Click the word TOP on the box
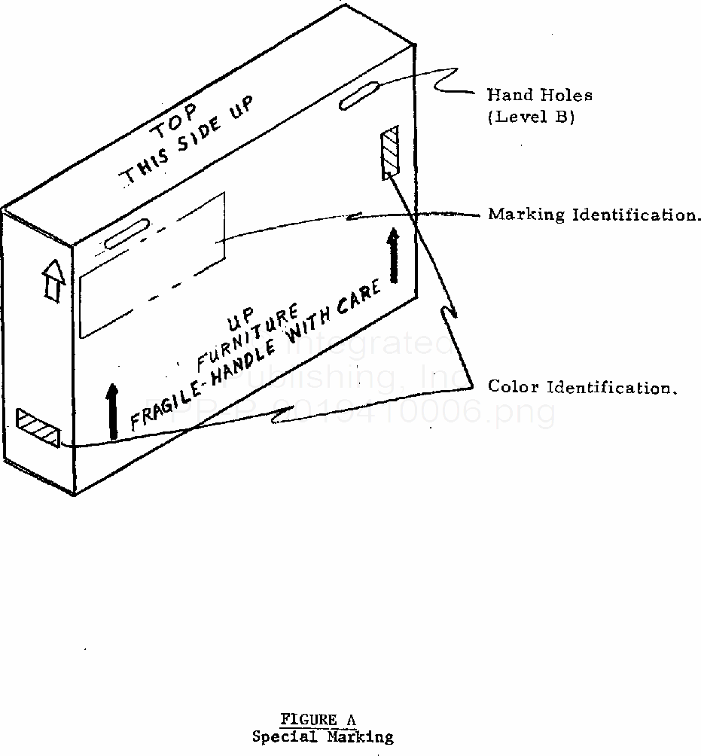pos(175,122)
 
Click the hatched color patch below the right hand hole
pos(390,153)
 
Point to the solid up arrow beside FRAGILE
pos(113,411)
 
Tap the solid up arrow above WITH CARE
pos(392,256)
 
